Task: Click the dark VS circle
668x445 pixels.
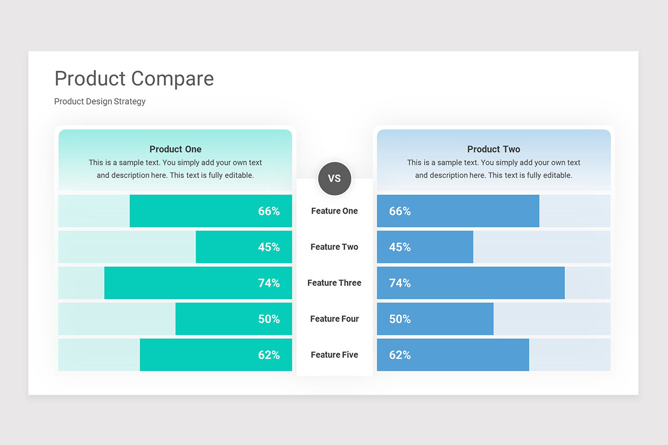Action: click(x=335, y=179)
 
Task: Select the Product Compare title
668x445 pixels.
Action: click(x=134, y=79)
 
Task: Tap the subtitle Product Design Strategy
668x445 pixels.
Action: click(x=100, y=102)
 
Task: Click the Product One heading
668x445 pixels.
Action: click(x=175, y=149)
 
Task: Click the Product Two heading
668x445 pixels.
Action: click(x=494, y=149)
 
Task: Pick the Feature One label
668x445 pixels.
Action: click(x=335, y=211)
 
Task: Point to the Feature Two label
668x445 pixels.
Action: click(x=335, y=247)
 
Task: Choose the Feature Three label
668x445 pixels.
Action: click(x=335, y=283)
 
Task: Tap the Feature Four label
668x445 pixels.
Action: click(x=335, y=319)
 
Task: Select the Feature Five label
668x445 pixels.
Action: click(x=335, y=355)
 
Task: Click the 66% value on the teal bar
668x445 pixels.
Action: click(x=269, y=211)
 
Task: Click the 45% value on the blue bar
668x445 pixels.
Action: click(x=400, y=247)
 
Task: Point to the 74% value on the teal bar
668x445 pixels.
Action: click(x=269, y=283)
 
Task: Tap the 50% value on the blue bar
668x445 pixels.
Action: click(x=400, y=319)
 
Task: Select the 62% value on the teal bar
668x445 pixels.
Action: click(x=269, y=355)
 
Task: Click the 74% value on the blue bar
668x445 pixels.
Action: click(x=400, y=283)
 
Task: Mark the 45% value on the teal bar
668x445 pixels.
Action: click(x=269, y=247)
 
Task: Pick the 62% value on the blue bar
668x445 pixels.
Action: click(x=400, y=355)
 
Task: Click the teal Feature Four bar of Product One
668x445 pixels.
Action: click(x=234, y=319)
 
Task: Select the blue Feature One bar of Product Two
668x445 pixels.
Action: click(x=458, y=211)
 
